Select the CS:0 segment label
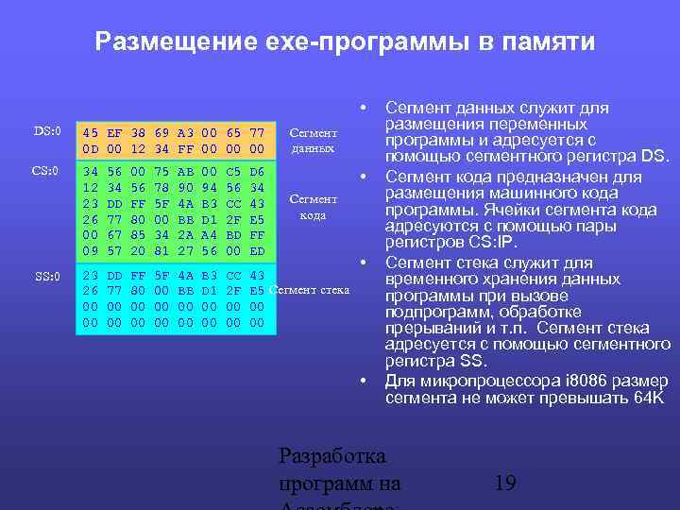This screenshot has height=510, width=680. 47,171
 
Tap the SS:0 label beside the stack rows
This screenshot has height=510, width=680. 47,276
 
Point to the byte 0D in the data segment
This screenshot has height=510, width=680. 91,149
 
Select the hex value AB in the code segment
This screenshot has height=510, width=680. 185,173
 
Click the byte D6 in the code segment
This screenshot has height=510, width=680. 256,173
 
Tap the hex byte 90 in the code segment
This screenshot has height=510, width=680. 185,188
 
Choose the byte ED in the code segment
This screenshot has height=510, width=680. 256,250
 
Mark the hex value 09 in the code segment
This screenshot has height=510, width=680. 91,250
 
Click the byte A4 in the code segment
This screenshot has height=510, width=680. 210,235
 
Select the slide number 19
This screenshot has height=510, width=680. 505,484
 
